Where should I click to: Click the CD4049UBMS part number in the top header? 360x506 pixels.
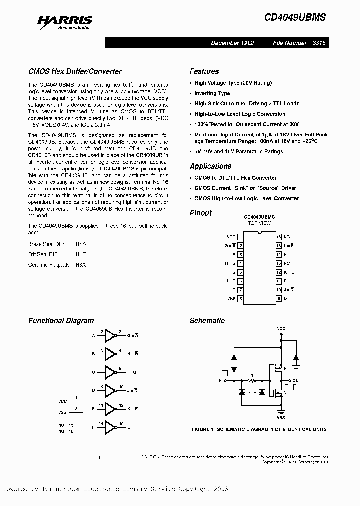tap(295, 17)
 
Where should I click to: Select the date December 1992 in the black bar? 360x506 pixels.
tap(232, 43)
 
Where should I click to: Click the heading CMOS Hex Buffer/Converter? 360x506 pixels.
tap(75, 71)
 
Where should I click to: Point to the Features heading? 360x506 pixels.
tap(204, 71)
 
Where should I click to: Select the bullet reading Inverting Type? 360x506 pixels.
tap(212, 93)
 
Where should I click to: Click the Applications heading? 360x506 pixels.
tap(210, 166)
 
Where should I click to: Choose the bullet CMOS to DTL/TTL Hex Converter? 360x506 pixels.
tap(235, 178)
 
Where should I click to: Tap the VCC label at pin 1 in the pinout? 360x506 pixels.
tap(231, 236)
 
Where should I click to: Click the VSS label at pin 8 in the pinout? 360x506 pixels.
tap(231, 299)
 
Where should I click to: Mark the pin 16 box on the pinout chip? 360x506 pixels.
tap(279, 236)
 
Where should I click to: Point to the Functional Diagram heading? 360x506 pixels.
tap(61, 321)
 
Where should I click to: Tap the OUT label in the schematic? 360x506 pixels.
tap(297, 380)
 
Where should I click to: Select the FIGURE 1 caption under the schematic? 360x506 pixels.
tap(259, 429)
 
